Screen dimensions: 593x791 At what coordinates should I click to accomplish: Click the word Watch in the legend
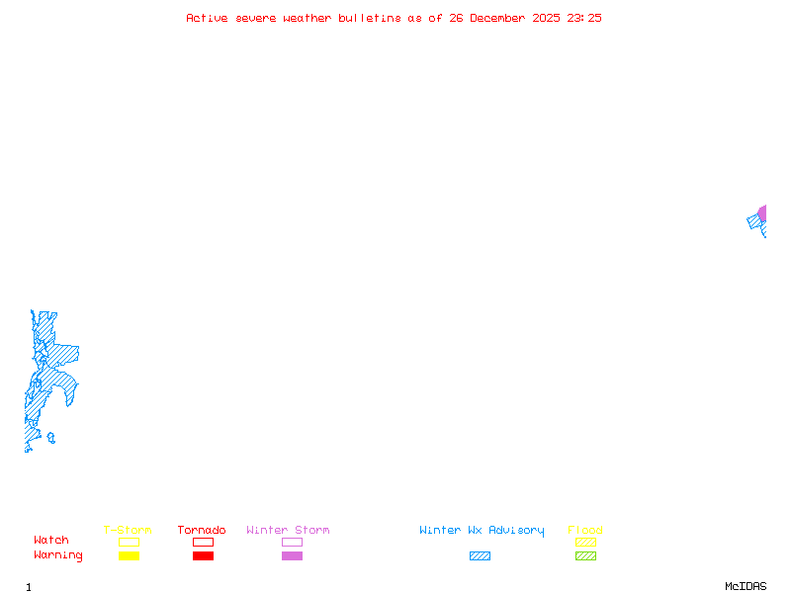pos(51,541)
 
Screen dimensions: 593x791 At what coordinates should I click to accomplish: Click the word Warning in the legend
pos(58,555)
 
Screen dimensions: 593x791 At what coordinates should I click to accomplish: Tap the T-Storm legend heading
pos(128,531)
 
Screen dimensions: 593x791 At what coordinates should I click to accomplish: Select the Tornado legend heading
pos(202,531)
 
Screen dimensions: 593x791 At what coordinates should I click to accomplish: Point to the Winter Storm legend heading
pos(288,531)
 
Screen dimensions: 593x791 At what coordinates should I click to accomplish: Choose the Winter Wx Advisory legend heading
pos(482,531)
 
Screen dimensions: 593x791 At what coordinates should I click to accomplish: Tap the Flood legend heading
pos(585,531)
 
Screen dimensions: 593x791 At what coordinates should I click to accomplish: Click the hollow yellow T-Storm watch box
pos(129,542)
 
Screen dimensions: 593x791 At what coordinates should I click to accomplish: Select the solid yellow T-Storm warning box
pos(129,555)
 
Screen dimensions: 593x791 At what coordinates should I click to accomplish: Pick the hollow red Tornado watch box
pos(203,542)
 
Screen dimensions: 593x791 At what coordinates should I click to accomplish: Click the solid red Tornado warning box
pos(203,555)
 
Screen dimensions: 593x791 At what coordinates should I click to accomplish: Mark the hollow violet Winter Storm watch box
pos(292,542)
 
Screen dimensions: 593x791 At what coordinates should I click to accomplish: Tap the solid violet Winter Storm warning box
pos(292,555)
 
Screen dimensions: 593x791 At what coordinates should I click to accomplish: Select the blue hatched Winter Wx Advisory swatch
pos(480,555)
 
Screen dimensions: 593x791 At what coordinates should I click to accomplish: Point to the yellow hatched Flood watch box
pos(585,542)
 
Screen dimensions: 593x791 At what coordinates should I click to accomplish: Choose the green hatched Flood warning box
pos(585,555)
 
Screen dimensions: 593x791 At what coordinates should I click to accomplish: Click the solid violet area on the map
pos(762,213)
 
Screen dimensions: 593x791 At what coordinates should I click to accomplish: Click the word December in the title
pos(501,18)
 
